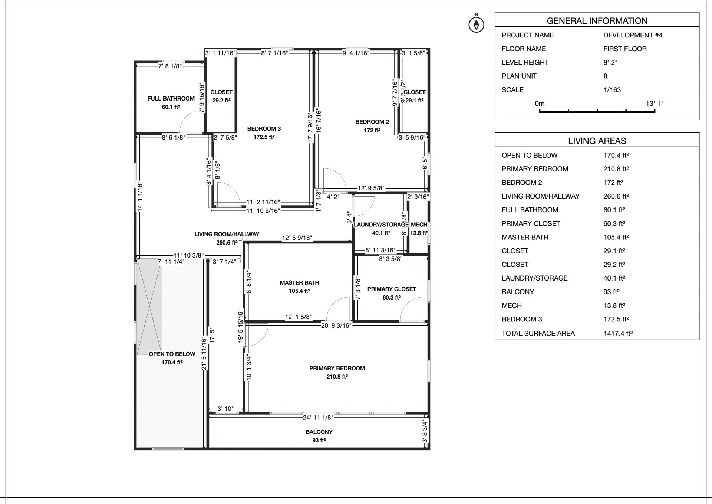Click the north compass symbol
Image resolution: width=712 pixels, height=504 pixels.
pos(476,25)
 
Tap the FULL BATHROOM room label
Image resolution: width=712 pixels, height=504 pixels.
pos(171,99)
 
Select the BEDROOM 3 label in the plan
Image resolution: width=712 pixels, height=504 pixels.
pos(264,129)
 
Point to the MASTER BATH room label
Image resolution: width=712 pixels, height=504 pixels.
pos(299,283)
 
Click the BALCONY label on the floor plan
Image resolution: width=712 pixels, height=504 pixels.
pos(319,432)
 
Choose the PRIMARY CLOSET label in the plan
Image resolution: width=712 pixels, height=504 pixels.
pos(392,289)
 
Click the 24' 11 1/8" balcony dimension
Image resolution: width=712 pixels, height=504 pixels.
pos(318,418)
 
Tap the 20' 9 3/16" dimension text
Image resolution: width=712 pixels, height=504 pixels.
pos(336,325)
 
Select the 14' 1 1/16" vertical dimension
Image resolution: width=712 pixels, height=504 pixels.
pos(140,197)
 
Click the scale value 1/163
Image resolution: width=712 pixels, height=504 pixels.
pos(612,90)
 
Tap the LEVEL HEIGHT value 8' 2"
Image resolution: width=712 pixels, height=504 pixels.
pos(610,63)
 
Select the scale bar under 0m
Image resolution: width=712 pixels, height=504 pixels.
pos(597,111)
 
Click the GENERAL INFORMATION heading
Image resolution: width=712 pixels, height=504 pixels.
pos(597,21)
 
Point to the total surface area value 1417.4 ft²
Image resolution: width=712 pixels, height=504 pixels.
pos(618,333)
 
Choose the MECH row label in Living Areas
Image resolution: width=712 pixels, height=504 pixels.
pos(511,305)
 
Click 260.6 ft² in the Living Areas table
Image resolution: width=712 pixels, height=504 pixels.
pos(616,196)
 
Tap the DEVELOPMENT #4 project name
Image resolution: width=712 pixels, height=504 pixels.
pos(633,35)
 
